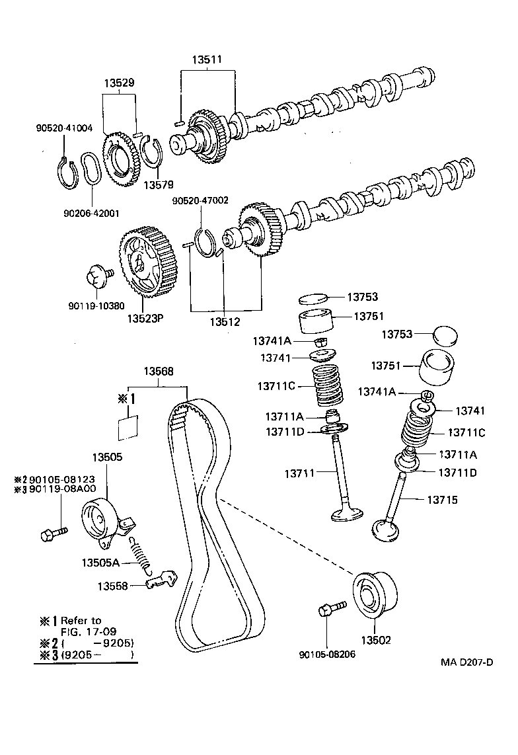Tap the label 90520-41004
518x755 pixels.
pyautogui.click(x=63, y=128)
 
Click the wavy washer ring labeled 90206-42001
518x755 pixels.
pyautogui.click(x=91, y=170)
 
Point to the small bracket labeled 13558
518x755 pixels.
pyautogui.click(x=161, y=580)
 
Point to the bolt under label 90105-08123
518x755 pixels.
pyautogui.click(x=54, y=532)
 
